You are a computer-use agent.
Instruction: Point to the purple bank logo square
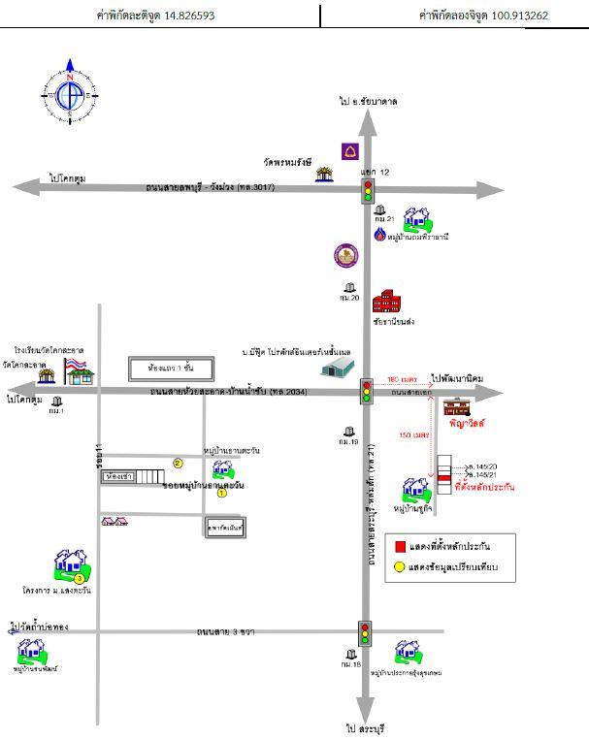pos(350,151)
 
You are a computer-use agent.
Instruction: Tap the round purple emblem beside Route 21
pos(345,255)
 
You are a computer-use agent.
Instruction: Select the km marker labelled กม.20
pos(349,292)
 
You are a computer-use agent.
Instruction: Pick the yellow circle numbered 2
pos(178,464)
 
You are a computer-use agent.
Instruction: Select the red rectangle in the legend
pos(397,545)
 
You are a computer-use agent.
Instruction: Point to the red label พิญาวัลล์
pos(467,424)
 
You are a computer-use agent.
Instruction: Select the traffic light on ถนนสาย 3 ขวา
pos(365,632)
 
